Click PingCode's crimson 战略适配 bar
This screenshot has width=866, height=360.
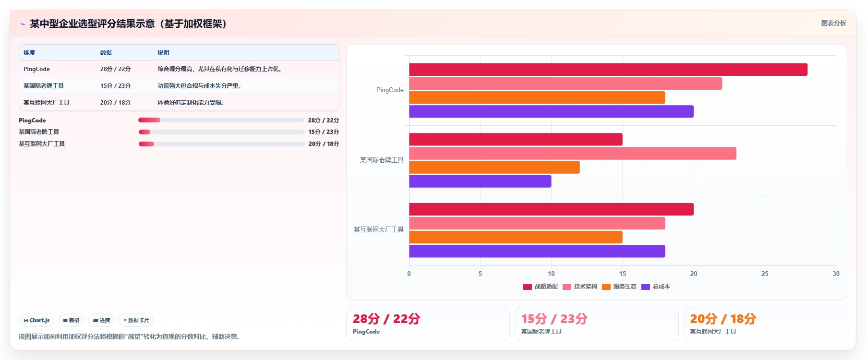click(x=608, y=70)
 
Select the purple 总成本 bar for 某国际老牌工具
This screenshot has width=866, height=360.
click(x=480, y=181)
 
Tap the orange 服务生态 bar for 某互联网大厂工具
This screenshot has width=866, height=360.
click(x=516, y=237)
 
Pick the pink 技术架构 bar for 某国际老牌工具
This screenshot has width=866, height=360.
click(x=573, y=154)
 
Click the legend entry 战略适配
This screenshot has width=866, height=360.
click(x=541, y=287)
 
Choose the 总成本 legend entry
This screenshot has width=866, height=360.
click(x=656, y=287)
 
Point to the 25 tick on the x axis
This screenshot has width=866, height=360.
click(x=765, y=274)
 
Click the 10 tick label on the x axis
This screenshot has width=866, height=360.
click(x=551, y=274)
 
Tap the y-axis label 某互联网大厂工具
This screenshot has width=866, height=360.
click(x=379, y=229)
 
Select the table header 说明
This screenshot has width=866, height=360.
click(x=163, y=53)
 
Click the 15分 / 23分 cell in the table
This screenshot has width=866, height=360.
click(x=115, y=86)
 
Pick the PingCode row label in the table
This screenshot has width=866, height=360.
click(x=36, y=69)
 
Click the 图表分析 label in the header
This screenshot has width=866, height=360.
click(x=833, y=23)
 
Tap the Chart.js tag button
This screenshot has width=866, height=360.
click(x=36, y=320)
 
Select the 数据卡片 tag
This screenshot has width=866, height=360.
click(x=136, y=320)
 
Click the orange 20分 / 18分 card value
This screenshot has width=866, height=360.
click(x=723, y=319)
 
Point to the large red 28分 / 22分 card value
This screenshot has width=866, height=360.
click(x=386, y=319)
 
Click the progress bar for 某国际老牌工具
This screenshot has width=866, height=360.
click(x=221, y=132)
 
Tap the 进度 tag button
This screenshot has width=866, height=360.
click(x=101, y=320)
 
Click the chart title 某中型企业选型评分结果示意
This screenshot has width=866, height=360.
click(x=92, y=24)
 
